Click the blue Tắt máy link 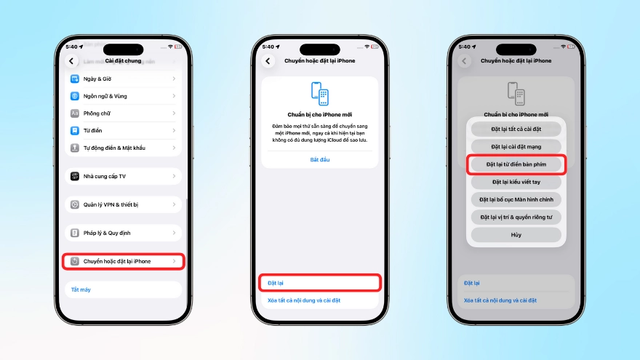coord(81,289)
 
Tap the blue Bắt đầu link coord(320,159)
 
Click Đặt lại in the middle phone coord(320,282)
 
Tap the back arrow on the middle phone coord(268,61)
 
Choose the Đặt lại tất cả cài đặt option coord(516,129)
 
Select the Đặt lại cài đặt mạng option coord(516,147)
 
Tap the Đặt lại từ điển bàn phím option coord(516,164)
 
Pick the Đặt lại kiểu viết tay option coord(516,182)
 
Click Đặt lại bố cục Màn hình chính coord(516,199)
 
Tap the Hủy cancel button coord(516,235)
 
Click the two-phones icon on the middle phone coord(320,95)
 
